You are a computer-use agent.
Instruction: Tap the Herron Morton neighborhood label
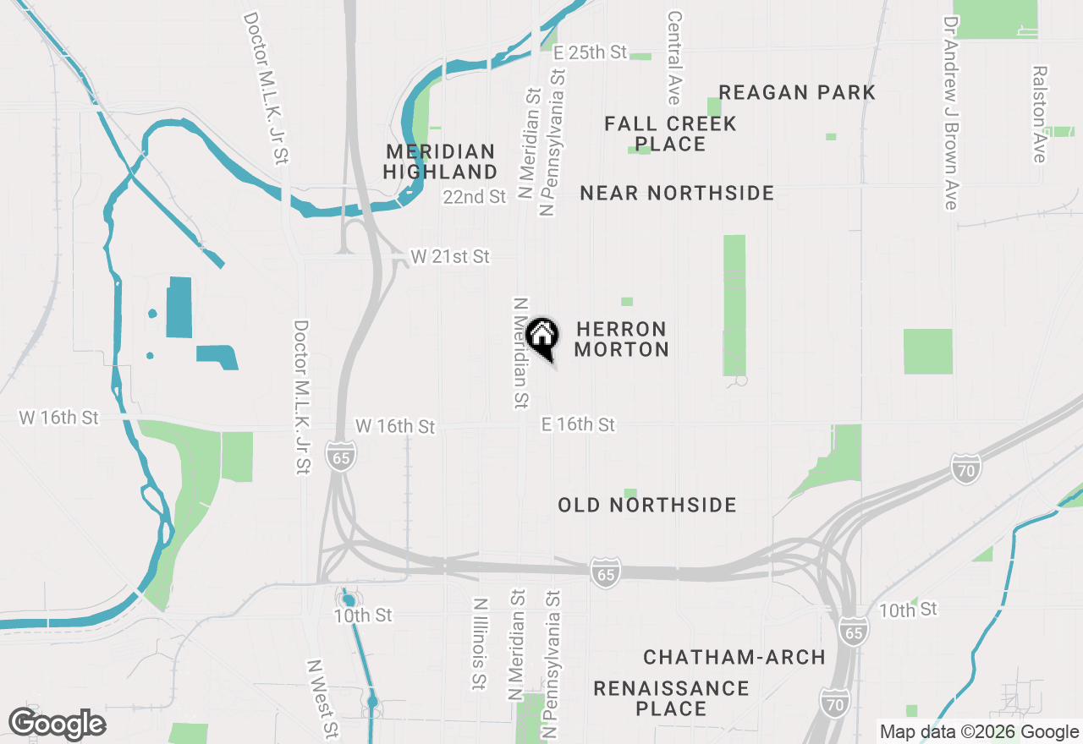point(622,339)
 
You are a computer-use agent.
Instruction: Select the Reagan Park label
point(797,92)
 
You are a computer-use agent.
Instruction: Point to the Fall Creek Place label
point(670,134)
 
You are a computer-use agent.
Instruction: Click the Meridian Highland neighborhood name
point(440,161)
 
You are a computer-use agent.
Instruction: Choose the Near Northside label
point(677,194)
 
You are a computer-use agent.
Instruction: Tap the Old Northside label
point(647,506)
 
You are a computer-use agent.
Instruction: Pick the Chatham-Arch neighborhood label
point(734,657)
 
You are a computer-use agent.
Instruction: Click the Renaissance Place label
point(671,698)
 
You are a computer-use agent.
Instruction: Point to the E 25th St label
point(590,52)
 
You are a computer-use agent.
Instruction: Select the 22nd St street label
point(474,197)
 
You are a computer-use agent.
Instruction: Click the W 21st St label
point(450,256)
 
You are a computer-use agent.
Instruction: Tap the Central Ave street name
point(674,57)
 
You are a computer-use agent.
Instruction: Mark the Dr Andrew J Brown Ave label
point(952,113)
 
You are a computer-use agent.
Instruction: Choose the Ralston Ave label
point(1039,115)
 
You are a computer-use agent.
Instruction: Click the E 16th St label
point(579,424)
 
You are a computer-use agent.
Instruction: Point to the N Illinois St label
point(480,644)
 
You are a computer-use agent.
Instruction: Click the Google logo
point(57,725)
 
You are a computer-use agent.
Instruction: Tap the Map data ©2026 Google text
point(979,732)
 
